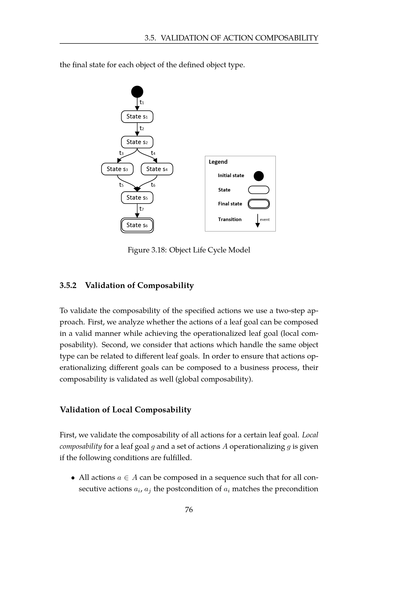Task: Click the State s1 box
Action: (x=137, y=116)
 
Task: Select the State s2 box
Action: (x=137, y=142)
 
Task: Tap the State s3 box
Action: (x=117, y=169)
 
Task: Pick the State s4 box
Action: (x=157, y=169)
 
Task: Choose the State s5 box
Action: (x=137, y=198)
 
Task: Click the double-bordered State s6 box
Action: (x=137, y=225)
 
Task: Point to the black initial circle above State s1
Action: (x=137, y=92)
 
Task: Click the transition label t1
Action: (x=142, y=102)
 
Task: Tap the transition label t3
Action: (x=121, y=153)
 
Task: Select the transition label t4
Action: (x=153, y=153)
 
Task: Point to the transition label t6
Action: (x=153, y=185)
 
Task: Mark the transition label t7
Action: (x=142, y=209)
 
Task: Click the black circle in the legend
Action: (x=259, y=176)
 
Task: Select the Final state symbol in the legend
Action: (x=259, y=204)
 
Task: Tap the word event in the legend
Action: (x=265, y=220)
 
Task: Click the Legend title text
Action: (x=218, y=162)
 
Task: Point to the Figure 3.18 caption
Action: (x=189, y=250)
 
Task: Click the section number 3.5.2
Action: (x=68, y=286)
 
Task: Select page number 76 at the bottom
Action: (x=189, y=510)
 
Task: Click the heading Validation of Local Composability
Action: (x=125, y=410)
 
